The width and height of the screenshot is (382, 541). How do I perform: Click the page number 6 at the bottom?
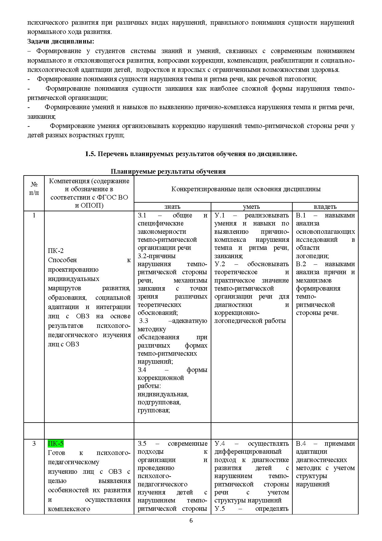191,521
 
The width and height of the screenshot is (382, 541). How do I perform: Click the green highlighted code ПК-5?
56,444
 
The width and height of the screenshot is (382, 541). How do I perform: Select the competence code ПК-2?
56,251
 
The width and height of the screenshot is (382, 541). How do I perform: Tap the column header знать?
172,207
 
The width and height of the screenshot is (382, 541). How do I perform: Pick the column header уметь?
251,207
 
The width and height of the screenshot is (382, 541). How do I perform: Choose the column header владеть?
325,207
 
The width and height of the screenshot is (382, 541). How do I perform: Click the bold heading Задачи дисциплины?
61,41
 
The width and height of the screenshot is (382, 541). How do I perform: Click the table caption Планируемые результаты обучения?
168,171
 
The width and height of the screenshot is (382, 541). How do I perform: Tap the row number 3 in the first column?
34,444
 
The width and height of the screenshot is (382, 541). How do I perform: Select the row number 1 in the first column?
34,215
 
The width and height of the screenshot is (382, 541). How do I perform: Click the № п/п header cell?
34,189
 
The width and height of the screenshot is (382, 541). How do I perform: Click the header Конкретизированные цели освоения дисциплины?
246,189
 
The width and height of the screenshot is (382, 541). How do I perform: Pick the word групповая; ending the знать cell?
154,410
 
